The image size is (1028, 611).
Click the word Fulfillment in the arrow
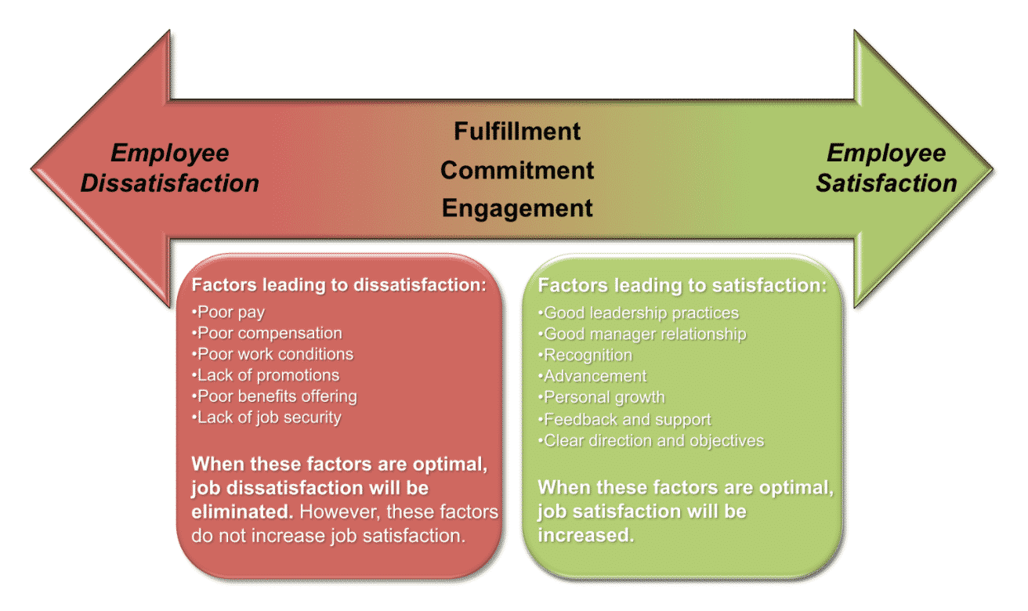click(x=517, y=131)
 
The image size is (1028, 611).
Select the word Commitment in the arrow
click(x=517, y=169)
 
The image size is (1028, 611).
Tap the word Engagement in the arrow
click(x=517, y=208)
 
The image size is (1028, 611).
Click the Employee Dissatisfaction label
click(x=169, y=168)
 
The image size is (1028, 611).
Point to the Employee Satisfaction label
click(x=886, y=168)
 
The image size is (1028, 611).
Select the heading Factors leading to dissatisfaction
click(x=339, y=285)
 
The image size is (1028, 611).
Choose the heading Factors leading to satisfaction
click(x=682, y=286)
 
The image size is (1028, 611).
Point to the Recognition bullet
click(x=587, y=356)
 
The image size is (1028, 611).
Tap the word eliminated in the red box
click(x=242, y=512)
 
